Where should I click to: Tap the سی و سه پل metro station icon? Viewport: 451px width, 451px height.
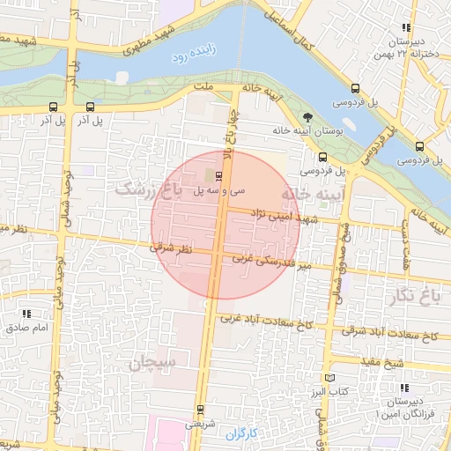(x=218, y=175)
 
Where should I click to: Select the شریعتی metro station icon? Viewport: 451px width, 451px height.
(x=201, y=409)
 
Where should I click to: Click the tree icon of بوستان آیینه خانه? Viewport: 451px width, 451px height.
(x=307, y=116)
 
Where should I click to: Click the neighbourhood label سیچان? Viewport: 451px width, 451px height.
(x=153, y=362)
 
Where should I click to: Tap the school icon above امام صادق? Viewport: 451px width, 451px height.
(x=26, y=313)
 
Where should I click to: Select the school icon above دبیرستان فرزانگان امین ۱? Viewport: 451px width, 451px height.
(x=405, y=388)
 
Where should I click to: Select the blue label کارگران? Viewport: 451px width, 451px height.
(x=240, y=434)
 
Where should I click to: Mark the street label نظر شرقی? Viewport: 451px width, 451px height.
(x=170, y=250)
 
